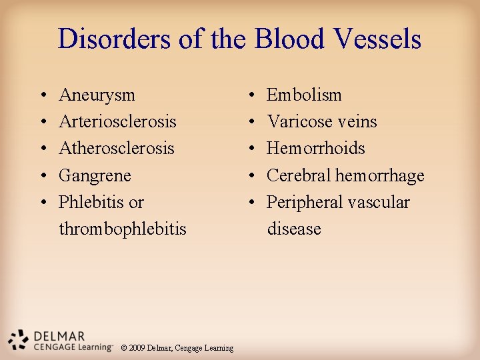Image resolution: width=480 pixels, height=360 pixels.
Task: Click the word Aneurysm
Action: click(x=97, y=95)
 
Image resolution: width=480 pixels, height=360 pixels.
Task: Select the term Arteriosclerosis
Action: click(x=117, y=122)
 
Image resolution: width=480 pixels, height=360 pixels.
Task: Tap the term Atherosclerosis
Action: click(x=117, y=149)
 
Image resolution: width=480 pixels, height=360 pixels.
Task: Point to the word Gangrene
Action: click(x=95, y=176)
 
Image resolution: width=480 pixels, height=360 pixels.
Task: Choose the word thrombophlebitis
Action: click(x=123, y=229)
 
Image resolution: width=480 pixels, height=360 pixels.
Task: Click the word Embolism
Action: click(x=304, y=95)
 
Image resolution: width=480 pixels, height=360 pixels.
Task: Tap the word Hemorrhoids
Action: click(x=316, y=149)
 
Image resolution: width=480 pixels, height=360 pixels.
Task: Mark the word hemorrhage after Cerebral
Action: click(x=379, y=176)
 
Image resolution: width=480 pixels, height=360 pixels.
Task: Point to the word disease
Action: click(x=294, y=229)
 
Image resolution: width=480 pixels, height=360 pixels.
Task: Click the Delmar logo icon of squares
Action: click(x=19, y=339)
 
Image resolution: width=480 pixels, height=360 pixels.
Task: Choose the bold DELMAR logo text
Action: click(x=60, y=336)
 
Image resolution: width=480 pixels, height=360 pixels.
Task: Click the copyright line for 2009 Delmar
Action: click(x=177, y=348)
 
